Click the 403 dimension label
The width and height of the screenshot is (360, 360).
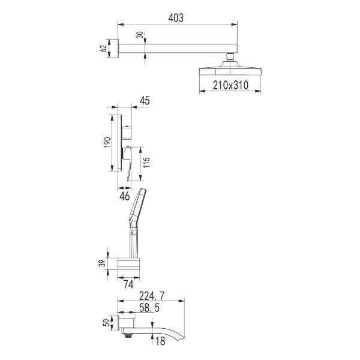176,18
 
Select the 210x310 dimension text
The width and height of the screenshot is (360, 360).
230,85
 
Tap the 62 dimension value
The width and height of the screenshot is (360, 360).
103,48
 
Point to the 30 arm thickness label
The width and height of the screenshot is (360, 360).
140,35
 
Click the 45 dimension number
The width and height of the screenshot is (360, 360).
145,101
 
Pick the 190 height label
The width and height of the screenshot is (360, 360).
107,142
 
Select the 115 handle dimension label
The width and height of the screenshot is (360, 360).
146,163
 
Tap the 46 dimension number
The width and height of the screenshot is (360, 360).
125,196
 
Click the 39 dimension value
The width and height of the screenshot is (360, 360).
103,263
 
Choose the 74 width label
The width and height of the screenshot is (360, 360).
128,284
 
